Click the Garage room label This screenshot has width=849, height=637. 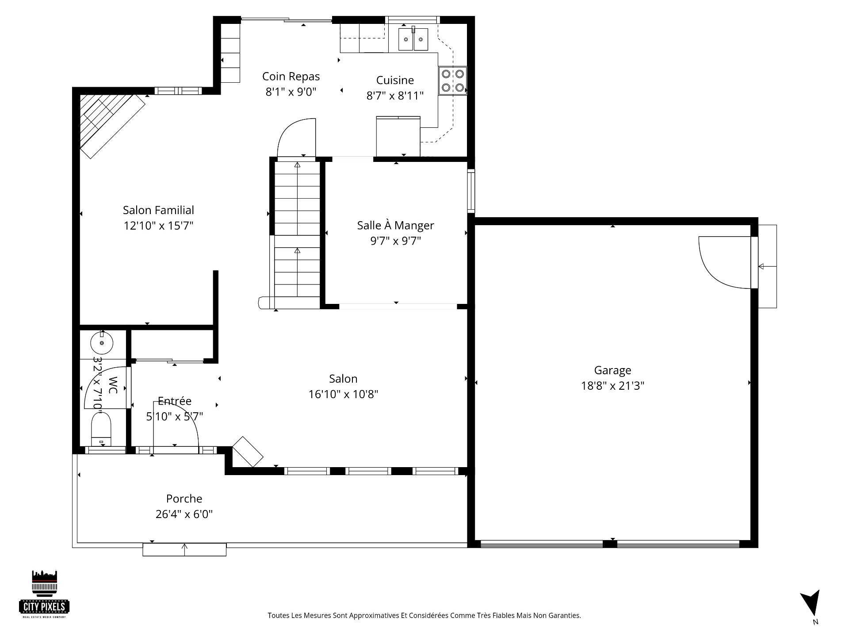tap(612, 370)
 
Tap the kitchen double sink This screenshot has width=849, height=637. tap(413, 39)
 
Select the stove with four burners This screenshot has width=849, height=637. tap(452, 81)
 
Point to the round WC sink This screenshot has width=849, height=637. tap(102, 342)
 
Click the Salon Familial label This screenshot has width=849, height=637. tap(158, 210)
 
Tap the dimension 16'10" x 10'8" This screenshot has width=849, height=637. tap(343, 394)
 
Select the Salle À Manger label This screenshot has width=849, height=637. tap(395, 225)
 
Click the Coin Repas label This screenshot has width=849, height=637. tap(291, 77)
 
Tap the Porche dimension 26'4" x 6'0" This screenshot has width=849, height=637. tap(184, 514)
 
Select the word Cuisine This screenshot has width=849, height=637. tap(395, 80)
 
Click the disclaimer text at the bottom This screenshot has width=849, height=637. tap(424, 615)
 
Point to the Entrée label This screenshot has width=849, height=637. tap(175, 401)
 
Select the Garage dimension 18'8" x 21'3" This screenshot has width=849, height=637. tap(612, 386)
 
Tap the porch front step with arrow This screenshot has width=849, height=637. tap(184, 549)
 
